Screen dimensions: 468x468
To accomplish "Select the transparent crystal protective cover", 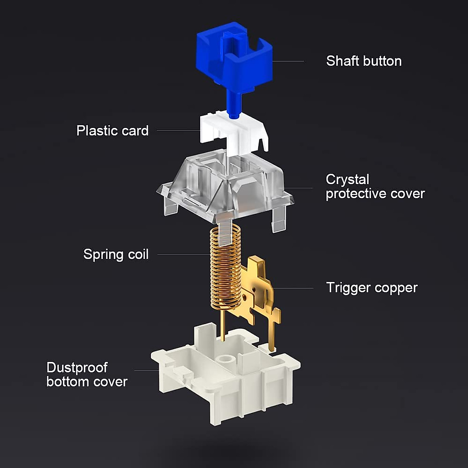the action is [225, 190].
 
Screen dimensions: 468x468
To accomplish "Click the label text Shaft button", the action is [364, 61].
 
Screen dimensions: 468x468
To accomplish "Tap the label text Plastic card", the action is [112, 131].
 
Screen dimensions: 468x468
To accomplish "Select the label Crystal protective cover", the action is [375, 186].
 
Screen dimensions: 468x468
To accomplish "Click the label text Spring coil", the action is [116, 255].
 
